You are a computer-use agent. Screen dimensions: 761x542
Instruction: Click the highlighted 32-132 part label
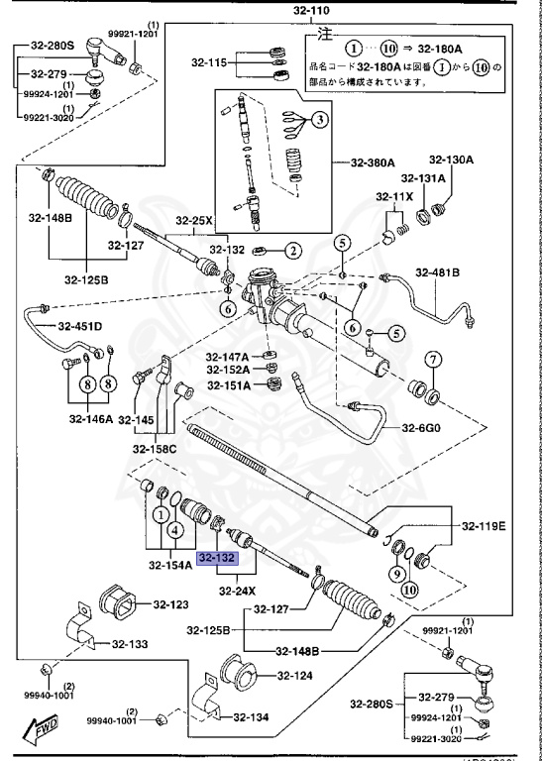tap(217, 559)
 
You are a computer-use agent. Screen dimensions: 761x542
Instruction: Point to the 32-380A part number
tap(373, 163)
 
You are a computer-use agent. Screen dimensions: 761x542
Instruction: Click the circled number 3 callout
tap(320, 121)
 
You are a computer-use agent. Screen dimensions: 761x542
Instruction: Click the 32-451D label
tap(79, 326)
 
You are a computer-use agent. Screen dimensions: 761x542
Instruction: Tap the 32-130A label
tap(451, 160)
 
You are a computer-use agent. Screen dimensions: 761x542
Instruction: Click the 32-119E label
tap(483, 525)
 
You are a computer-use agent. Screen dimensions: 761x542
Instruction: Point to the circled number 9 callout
tap(396, 573)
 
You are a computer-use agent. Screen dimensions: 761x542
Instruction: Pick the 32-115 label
tap(210, 63)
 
